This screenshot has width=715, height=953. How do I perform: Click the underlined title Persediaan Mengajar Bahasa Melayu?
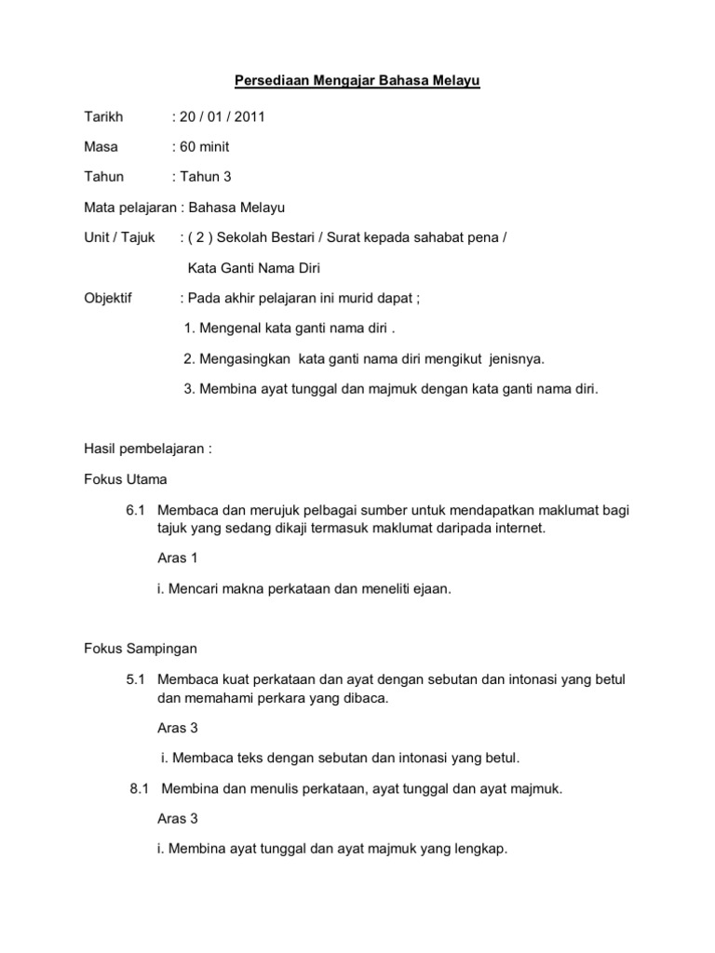point(357,83)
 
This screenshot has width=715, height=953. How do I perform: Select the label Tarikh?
point(101,116)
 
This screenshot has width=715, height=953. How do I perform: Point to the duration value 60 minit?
point(204,146)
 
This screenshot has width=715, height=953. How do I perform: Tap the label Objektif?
point(108,299)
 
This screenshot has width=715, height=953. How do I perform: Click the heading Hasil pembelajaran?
point(148,449)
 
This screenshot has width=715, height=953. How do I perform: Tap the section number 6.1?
point(136,511)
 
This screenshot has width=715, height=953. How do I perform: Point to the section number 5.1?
point(136,679)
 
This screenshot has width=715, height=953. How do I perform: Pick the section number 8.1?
point(140,789)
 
